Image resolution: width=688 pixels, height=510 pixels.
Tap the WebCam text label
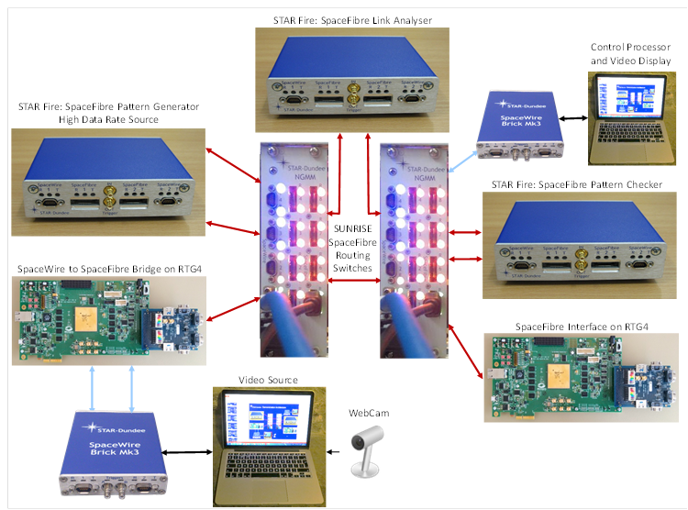pyautogui.click(x=370, y=414)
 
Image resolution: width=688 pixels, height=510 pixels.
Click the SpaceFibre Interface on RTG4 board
pyautogui.click(x=580, y=376)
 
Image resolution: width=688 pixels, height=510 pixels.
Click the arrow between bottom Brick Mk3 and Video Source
pyautogui.click(x=189, y=449)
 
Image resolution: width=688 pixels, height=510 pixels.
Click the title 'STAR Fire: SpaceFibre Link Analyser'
pyautogui.click(x=352, y=18)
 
